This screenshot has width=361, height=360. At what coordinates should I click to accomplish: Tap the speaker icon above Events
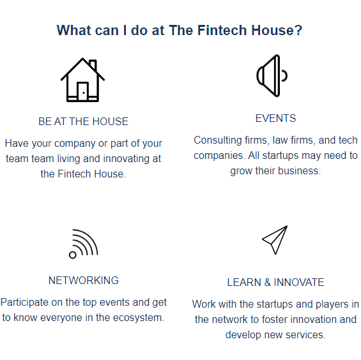[271, 76]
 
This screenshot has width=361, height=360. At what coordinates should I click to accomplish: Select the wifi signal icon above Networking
[83, 244]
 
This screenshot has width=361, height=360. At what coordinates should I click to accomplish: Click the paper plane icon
[275, 239]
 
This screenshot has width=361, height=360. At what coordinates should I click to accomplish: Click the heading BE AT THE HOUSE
[83, 121]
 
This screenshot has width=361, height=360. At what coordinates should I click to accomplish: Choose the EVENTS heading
[275, 118]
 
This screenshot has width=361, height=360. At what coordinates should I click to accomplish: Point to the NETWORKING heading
[83, 280]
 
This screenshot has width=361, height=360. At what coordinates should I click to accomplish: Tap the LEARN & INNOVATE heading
[275, 282]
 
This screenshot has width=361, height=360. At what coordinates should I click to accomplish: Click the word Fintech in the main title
[220, 30]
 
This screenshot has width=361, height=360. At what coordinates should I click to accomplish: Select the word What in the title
[73, 30]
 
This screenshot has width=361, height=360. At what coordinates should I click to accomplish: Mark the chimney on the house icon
[93, 65]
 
